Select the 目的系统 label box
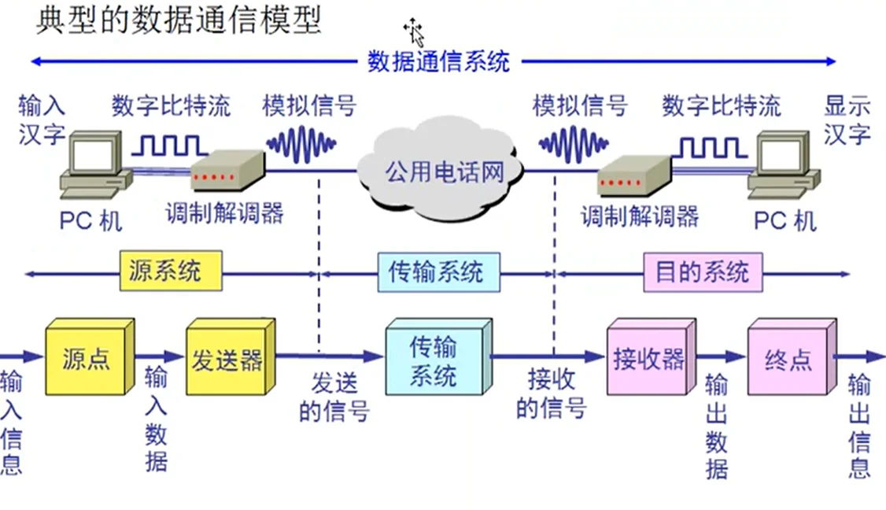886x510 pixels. (x=703, y=273)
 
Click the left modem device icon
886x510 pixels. (x=227, y=172)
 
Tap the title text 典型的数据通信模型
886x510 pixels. (x=179, y=21)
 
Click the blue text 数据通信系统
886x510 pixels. (x=438, y=61)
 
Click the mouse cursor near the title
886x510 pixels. (x=414, y=32)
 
